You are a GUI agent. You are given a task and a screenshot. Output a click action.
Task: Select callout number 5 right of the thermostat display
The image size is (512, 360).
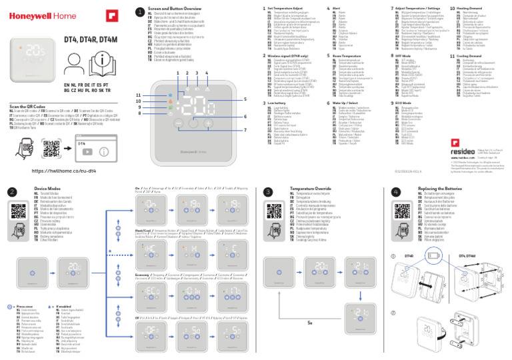point(245,99)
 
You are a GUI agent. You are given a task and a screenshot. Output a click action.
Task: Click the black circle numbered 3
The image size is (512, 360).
point(269,191)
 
